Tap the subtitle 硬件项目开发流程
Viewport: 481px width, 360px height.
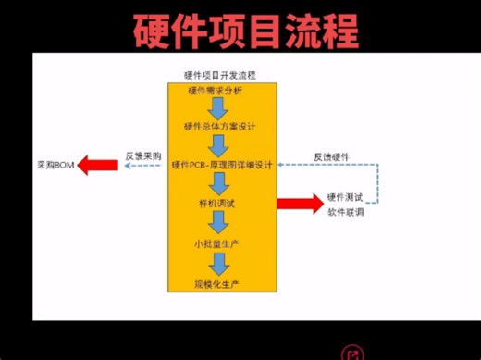[x=221, y=74]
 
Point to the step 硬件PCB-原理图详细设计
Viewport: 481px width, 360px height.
[x=222, y=165]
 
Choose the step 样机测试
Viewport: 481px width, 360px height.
[x=218, y=202]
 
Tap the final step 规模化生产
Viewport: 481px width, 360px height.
[x=217, y=282]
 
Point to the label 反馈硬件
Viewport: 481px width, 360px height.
[x=330, y=156]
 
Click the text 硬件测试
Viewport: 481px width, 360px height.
[x=345, y=197]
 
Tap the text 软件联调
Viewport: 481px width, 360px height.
[x=345, y=212]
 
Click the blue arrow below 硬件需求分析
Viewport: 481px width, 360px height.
[x=217, y=108]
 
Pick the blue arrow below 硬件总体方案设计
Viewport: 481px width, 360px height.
[x=218, y=145]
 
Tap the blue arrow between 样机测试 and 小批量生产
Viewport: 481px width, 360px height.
[x=218, y=222]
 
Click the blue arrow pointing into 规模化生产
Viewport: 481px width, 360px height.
[x=218, y=263]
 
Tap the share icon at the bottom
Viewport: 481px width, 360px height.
[x=352, y=353]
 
